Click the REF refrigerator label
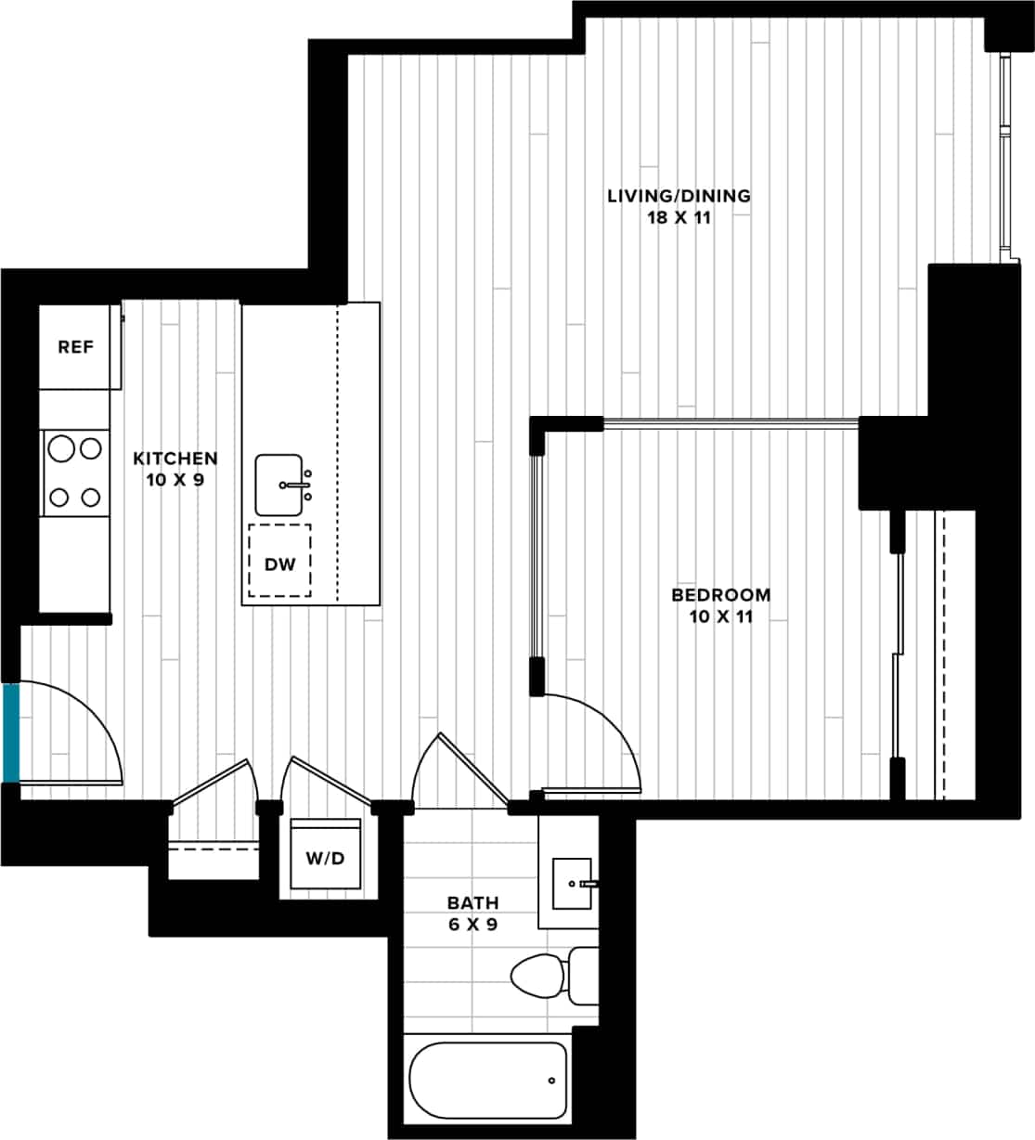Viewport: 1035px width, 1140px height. (76, 347)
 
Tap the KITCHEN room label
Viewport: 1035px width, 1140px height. (175, 459)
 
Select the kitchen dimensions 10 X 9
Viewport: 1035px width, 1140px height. (175, 480)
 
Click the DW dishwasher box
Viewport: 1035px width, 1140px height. (279, 564)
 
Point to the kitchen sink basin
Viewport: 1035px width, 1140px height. (279, 485)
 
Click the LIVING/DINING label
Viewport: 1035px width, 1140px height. (679, 196)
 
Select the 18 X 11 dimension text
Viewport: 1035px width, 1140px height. (679, 218)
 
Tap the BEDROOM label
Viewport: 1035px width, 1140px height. (720, 595)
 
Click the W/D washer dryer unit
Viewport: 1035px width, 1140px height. (325, 858)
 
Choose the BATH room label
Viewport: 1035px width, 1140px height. (472, 902)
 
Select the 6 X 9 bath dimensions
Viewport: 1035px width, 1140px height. (472, 925)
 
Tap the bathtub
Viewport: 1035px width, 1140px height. (488, 1081)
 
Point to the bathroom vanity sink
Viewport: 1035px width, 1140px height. (571, 884)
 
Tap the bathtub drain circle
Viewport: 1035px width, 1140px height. (551, 1081)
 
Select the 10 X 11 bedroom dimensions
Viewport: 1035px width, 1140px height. (720, 617)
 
